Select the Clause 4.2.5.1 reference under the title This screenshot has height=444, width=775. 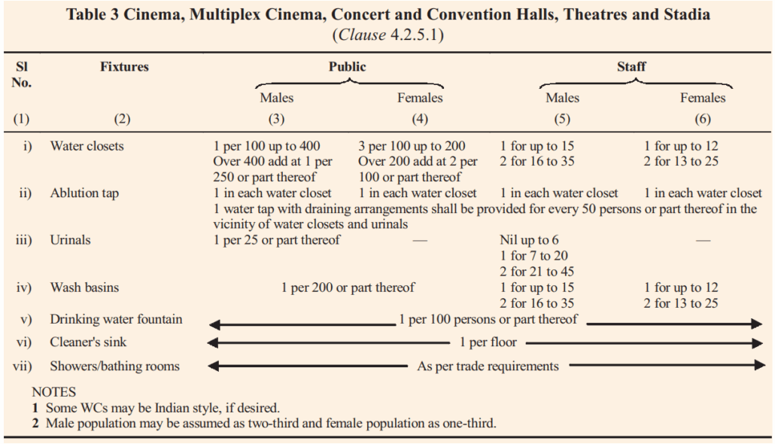point(387,35)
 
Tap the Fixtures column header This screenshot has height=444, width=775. point(124,66)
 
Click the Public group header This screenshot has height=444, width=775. point(347,66)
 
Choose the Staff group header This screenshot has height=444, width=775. point(631,66)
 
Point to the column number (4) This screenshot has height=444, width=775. point(419,119)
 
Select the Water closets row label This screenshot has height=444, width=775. point(87,146)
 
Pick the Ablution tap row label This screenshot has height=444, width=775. point(84,193)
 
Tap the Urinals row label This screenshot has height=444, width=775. point(70,240)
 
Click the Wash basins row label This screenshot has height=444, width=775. point(84,287)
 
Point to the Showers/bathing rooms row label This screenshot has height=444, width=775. point(114,366)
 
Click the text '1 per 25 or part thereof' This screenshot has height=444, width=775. point(276,240)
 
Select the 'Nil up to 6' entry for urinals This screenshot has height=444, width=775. point(529,240)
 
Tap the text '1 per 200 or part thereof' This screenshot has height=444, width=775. point(348,287)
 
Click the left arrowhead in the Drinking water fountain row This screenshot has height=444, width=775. point(214,325)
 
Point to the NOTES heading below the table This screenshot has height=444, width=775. point(54,392)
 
